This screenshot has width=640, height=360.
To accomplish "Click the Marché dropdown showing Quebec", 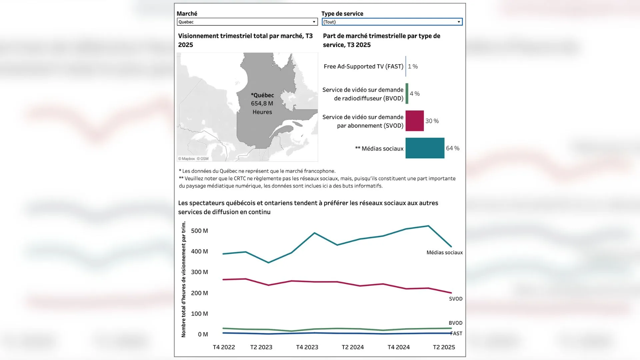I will tap(247, 22).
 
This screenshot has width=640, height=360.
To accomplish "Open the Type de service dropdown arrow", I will tap(459, 22).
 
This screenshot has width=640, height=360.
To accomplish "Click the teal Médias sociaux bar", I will tap(425, 148).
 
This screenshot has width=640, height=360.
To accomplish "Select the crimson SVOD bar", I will tap(414, 121).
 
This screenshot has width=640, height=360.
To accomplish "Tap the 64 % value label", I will tap(452, 148).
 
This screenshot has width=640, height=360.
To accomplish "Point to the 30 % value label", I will tap(432, 121).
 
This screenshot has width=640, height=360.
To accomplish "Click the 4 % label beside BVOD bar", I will tap(414, 94).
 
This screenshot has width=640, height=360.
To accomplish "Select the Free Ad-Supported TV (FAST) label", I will tap(363, 66).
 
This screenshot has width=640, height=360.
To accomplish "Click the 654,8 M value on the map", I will tap(262, 104).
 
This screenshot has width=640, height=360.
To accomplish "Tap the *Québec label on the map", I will tap(262, 95).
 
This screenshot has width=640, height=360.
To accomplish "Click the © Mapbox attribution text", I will tap(186, 159).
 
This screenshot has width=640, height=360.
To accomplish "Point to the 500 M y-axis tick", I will tap(199, 231).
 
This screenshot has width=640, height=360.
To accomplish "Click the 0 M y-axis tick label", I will tap(203, 334).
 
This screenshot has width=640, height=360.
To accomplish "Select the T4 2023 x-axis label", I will tap(307, 347).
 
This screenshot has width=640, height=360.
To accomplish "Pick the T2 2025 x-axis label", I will tap(444, 347).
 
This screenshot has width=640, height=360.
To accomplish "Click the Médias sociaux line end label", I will tap(444, 253).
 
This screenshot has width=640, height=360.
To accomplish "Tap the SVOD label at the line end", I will tap(455, 299).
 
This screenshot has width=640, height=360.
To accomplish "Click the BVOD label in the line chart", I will tap(455, 323).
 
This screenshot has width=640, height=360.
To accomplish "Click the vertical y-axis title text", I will tap(184, 279).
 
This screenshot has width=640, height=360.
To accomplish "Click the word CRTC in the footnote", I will tap(240, 179).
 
